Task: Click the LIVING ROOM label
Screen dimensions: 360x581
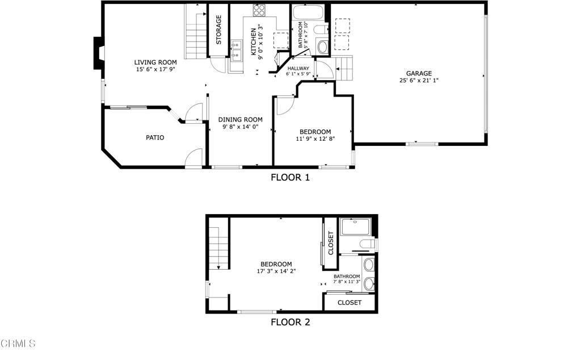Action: tap(155, 62)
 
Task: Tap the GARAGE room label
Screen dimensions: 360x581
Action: tap(419, 73)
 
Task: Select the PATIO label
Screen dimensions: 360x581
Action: tap(155, 137)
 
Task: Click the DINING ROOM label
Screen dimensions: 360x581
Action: tap(241, 119)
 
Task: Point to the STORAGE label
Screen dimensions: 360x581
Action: tap(218, 30)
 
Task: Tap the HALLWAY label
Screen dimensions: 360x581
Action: tap(298, 68)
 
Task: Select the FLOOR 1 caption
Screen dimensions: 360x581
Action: tap(290, 177)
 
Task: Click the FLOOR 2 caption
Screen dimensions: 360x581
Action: tap(290, 322)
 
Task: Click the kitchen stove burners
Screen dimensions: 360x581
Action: tap(259, 10)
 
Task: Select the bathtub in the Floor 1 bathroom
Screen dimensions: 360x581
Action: tap(308, 13)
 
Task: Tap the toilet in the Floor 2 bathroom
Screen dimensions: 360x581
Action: tap(368, 244)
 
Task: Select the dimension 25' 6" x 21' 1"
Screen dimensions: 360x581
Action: tap(419, 81)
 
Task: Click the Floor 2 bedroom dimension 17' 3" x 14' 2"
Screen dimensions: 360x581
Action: tap(276, 271)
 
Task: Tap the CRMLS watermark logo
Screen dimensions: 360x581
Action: tap(18, 344)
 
